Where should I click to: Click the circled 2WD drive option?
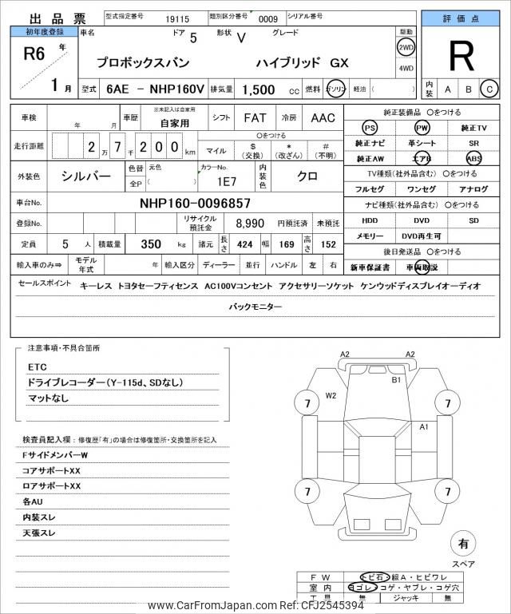(406, 47)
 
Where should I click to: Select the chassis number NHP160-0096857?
(195, 204)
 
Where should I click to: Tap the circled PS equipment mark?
(370, 128)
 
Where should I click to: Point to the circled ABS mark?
(474, 158)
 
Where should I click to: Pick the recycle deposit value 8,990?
(250, 224)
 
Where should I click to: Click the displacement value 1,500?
(259, 91)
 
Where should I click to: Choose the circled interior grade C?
(490, 89)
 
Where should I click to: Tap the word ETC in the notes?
(38, 366)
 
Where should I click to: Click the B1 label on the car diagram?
(395, 381)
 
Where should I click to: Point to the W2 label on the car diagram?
(331, 395)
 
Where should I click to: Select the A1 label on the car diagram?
(425, 427)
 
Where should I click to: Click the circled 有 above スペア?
(462, 545)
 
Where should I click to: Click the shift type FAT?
(255, 118)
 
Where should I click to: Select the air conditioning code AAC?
(323, 118)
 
